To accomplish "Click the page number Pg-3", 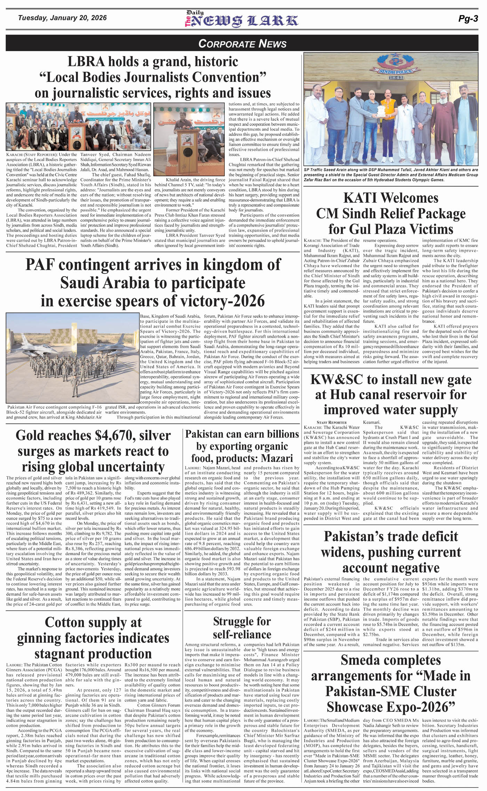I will (468, 19).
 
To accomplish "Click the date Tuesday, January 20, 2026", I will (62, 18).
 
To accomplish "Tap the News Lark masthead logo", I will (241, 20).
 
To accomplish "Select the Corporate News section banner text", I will (242, 43).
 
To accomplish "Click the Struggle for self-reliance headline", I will (242, 628).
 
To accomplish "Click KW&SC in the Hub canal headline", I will (336, 379).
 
